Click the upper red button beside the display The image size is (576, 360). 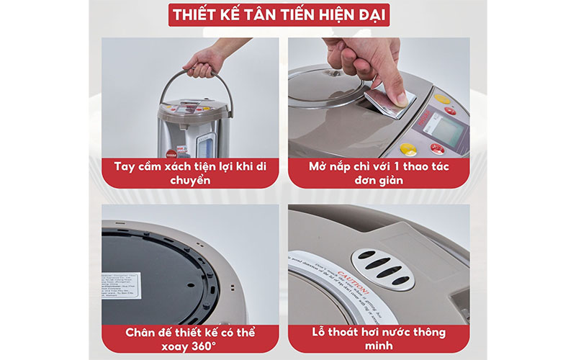pos(450,111)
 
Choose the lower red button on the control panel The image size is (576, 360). pos(437,148)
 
